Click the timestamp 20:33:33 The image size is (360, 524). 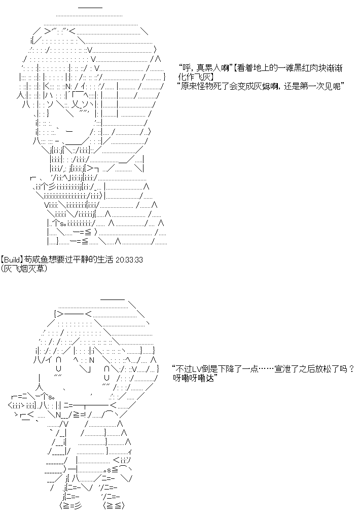click(x=129, y=259)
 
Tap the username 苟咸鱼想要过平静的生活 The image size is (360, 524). click(x=68, y=259)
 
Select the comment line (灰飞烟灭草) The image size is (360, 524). click(x=24, y=269)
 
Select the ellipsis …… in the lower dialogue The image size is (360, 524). click(x=266, y=369)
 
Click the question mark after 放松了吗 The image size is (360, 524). click(x=351, y=369)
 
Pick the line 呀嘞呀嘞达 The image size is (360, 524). click(x=194, y=378)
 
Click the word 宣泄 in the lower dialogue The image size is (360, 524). click(x=282, y=369)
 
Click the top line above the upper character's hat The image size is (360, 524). click(x=90, y=7)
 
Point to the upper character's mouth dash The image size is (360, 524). click(x=69, y=131)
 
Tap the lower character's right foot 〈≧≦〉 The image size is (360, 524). click(x=114, y=506)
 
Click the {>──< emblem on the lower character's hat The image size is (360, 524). click(x=73, y=314)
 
